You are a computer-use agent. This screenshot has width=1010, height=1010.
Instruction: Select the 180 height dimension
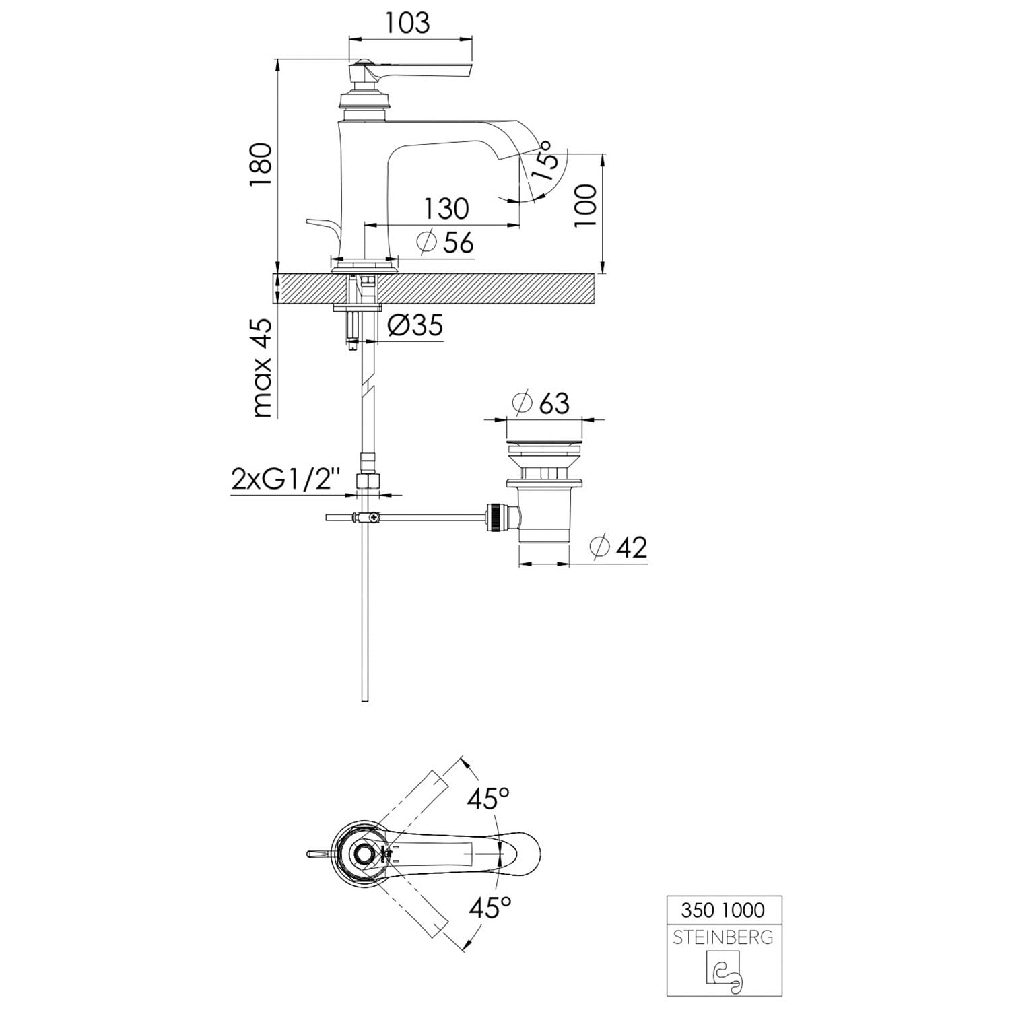[261, 166]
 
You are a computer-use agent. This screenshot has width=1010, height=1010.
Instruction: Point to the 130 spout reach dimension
[446, 209]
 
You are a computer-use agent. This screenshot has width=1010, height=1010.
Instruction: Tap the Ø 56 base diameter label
[445, 242]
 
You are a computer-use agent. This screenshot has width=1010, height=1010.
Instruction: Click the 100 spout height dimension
[586, 205]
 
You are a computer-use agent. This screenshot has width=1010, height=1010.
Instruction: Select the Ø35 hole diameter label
[415, 326]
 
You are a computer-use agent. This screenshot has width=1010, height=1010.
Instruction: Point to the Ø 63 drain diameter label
[541, 403]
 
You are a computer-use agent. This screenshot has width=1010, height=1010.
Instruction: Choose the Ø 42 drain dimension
[617, 547]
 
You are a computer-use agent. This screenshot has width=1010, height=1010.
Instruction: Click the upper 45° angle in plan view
[489, 800]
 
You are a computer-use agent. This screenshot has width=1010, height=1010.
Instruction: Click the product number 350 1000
[723, 910]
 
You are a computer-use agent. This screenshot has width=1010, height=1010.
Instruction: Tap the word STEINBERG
[723, 937]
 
